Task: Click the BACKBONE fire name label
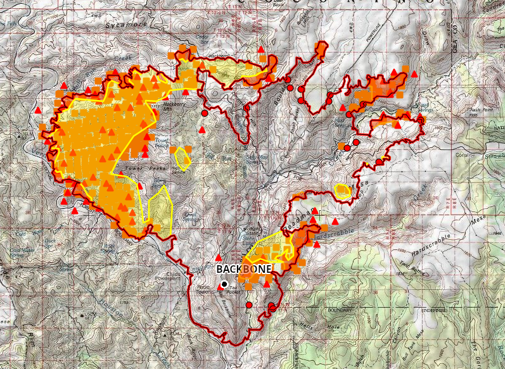tap(245, 269)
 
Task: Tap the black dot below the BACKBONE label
tap(224, 284)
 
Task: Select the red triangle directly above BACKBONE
tap(219, 258)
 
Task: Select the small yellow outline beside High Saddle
tap(183, 158)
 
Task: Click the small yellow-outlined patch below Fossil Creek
tap(343, 190)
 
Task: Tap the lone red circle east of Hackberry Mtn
tap(205, 113)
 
